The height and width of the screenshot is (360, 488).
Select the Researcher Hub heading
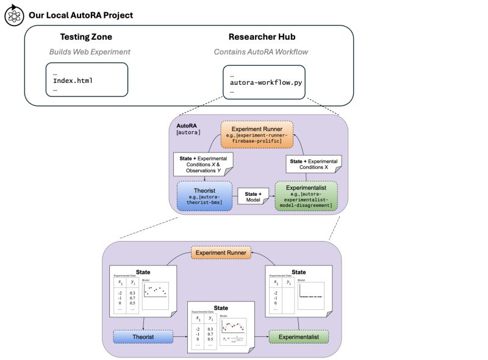(x=261, y=37)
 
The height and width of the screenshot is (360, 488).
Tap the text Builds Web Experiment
(x=90, y=52)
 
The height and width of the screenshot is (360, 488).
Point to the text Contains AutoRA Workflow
(x=261, y=52)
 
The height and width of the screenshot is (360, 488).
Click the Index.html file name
(x=73, y=81)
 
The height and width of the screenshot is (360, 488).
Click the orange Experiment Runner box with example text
(x=256, y=133)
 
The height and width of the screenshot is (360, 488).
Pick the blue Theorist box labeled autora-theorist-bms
(x=204, y=195)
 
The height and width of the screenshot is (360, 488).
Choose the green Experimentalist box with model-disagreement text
(x=306, y=195)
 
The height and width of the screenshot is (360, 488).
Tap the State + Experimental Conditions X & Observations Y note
(x=203, y=165)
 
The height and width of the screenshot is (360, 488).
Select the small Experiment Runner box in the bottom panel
(x=220, y=252)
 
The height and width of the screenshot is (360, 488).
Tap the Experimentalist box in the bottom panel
(x=298, y=336)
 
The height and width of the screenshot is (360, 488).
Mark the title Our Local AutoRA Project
(x=81, y=15)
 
